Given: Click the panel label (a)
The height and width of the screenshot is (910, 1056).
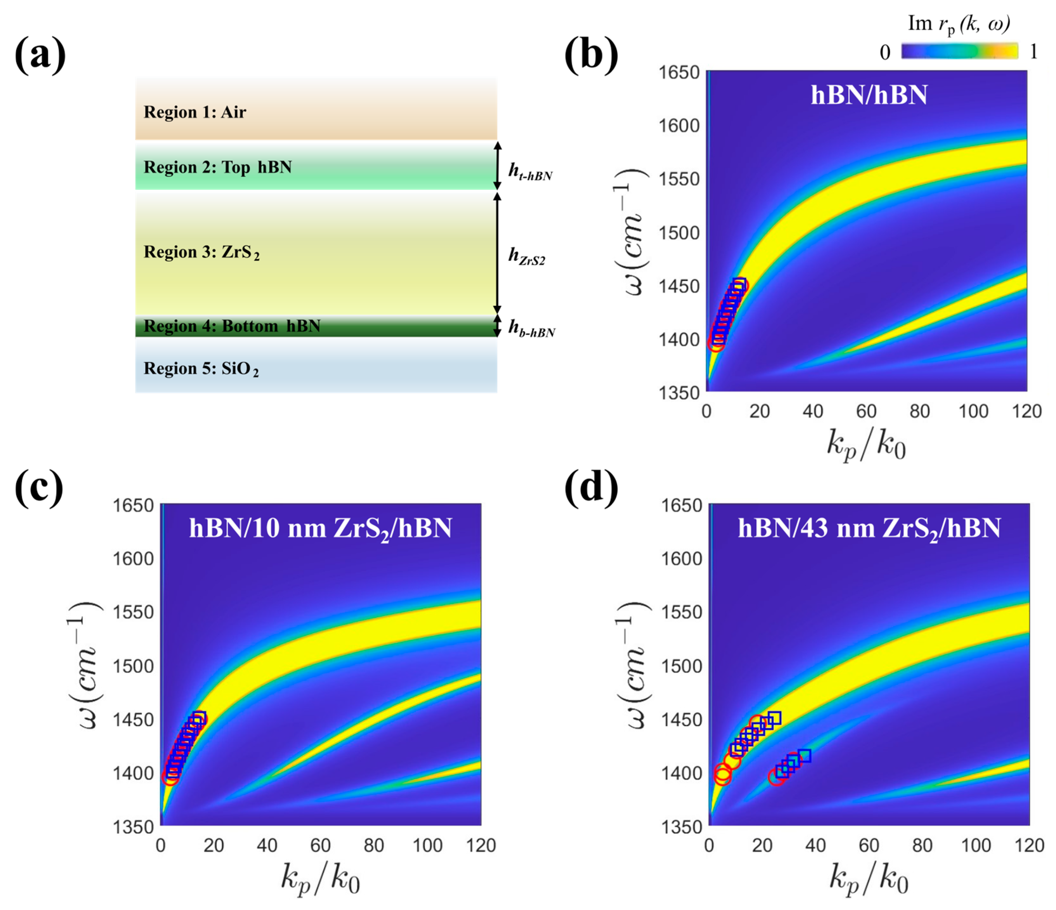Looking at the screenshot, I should click(40, 55).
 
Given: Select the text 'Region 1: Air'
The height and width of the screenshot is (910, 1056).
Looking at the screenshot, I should click(195, 112).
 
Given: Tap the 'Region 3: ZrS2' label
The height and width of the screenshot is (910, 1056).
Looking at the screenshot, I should click(201, 252).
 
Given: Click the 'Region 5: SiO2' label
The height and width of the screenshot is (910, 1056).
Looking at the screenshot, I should click(201, 369).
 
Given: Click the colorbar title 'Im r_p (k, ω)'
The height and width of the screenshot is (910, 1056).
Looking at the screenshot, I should click(959, 24).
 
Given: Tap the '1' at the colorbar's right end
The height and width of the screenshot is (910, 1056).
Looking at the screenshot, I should click(1033, 51).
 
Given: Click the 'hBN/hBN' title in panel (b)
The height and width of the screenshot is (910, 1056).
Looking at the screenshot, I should click(869, 95).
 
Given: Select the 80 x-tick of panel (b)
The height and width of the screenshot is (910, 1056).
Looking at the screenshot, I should click(919, 411).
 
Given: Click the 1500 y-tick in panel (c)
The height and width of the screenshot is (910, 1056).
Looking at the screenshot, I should click(133, 666).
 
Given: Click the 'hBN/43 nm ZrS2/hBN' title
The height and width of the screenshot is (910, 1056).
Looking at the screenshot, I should click(869, 529).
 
